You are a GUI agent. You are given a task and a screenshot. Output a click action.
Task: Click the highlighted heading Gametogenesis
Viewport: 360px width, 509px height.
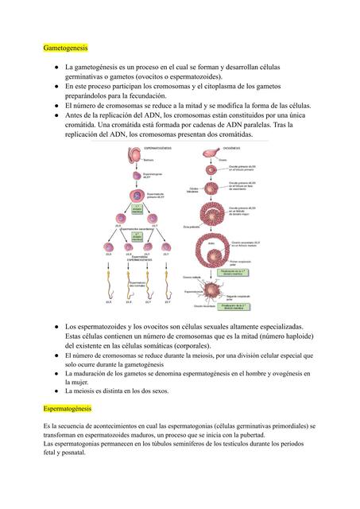pos(66,48)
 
